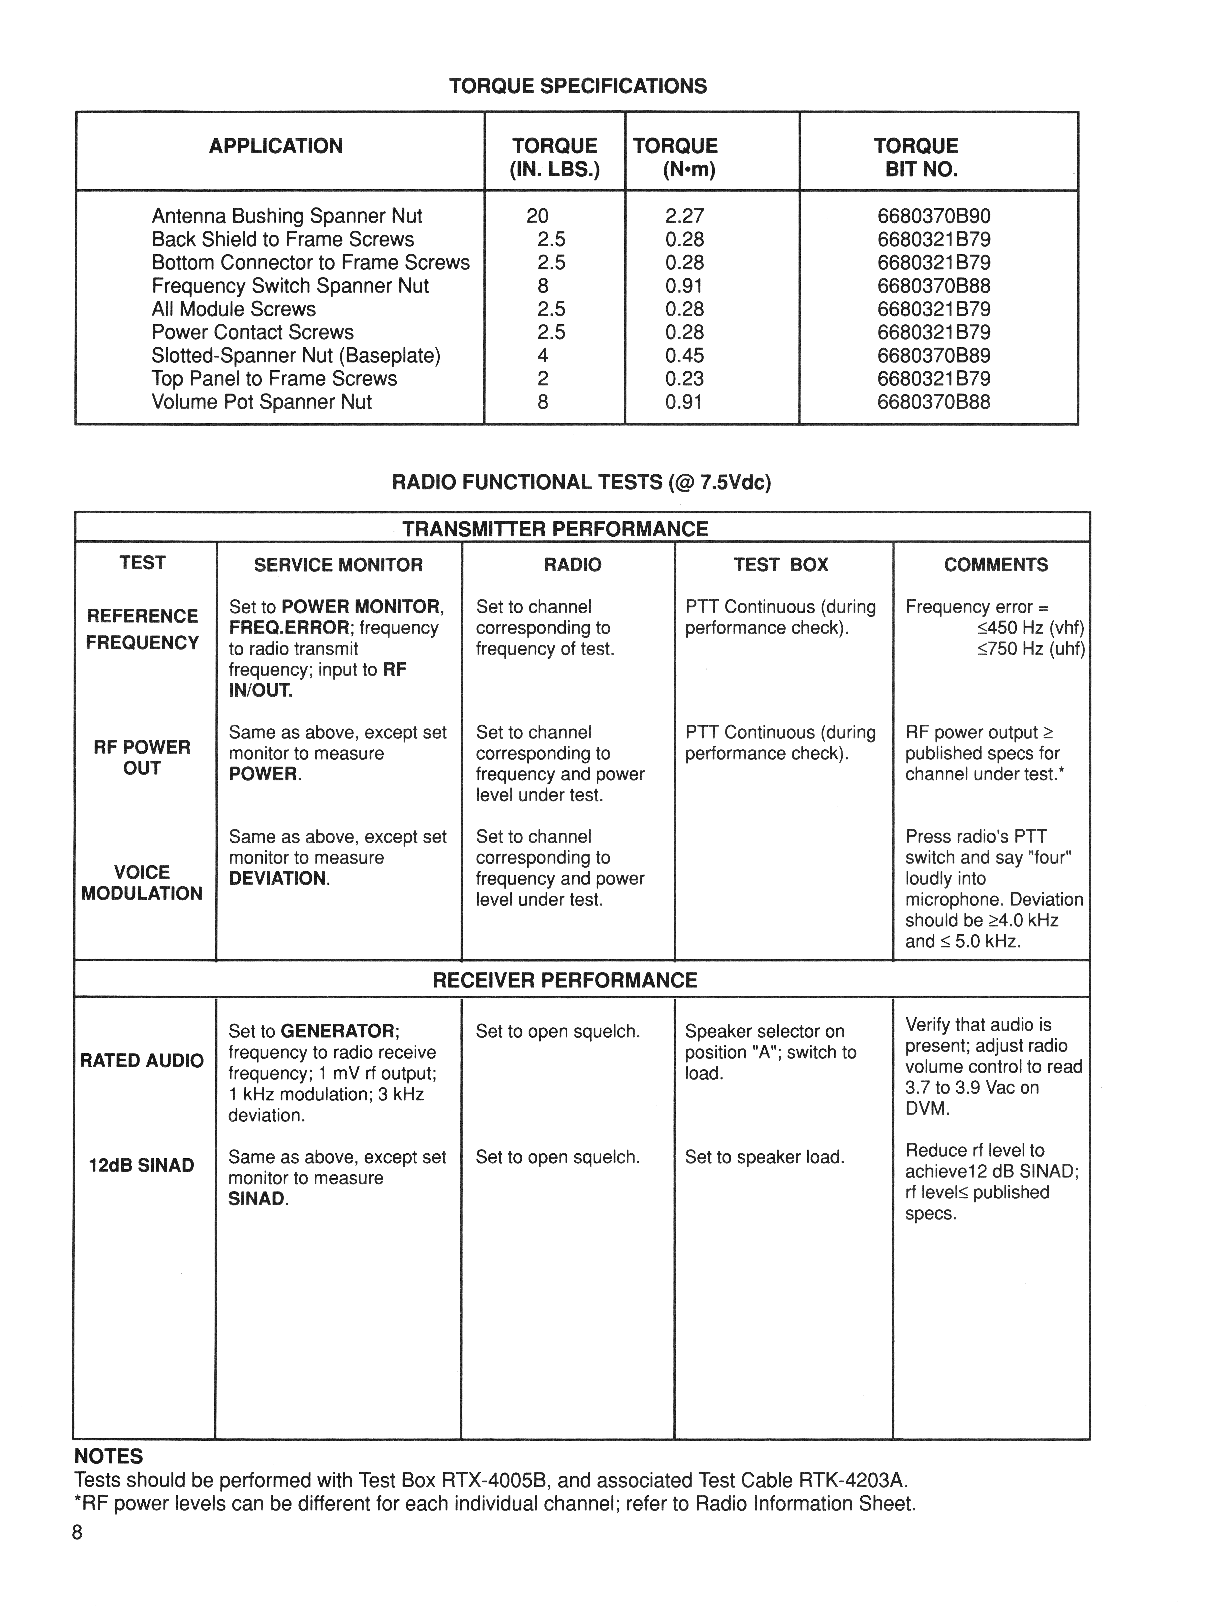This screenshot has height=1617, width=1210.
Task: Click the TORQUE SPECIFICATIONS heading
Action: [578, 86]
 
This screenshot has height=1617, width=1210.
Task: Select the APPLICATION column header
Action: [276, 146]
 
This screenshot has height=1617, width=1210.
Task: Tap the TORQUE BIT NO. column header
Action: [916, 157]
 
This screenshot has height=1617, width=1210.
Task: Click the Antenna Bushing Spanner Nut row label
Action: [287, 216]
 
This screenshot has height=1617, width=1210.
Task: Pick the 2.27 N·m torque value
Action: [684, 216]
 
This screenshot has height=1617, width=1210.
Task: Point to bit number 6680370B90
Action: [934, 216]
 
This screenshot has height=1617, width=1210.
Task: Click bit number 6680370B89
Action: [934, 356]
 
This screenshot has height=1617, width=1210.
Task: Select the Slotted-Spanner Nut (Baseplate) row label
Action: [296, 356]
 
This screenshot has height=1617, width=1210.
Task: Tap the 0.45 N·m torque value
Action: [684, 356]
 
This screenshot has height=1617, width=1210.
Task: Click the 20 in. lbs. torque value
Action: [537, 216]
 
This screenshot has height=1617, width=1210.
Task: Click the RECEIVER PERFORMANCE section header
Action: [564, 980]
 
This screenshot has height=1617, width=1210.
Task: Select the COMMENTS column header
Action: [996, 565]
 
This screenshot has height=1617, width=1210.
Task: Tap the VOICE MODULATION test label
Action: [142, 883]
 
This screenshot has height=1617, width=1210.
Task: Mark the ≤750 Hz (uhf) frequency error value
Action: [1031, 649]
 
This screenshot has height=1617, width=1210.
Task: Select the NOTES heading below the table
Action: [109, 1457]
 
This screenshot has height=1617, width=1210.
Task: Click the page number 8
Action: [77, 1533]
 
